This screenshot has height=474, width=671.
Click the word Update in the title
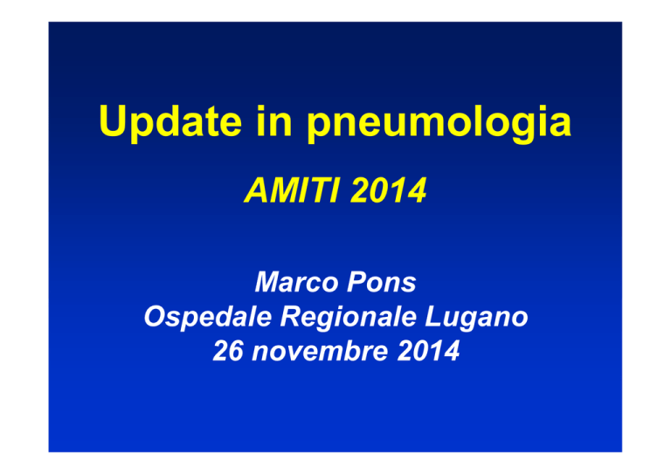point(170,122)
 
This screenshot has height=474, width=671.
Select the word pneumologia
point(439,124)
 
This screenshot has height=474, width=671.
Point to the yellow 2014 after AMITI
point(389,189)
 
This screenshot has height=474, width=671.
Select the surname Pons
point(382,282)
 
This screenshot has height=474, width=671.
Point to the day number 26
point(228,351)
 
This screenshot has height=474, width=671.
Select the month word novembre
point(320,351)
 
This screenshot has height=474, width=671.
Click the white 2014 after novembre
point(428,351)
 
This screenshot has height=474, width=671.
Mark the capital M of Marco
point(269,282)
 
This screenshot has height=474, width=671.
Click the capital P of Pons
point(357,282)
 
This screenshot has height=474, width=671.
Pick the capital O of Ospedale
point(156,316)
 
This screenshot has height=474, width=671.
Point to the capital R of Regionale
point(293,316)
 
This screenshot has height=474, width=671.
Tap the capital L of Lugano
point(433,316)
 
